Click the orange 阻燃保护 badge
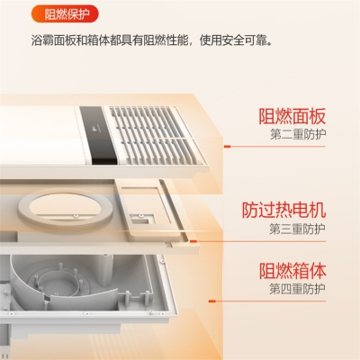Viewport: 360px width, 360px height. tap(65, 14)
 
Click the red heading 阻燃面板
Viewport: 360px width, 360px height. tap(292, 116)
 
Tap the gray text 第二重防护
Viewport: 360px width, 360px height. tap(298, 134)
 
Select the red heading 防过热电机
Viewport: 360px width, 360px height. tap(283, 210)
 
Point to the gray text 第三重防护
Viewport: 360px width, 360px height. tap(297, 229)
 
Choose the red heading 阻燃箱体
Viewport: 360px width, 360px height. tap(292, 271)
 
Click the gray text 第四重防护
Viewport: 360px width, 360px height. tap(297, 289)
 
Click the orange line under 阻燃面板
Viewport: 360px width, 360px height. tap(274, 147)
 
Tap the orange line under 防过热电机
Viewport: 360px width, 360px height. tap(258, 241)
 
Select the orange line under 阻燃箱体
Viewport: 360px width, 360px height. tap(267, 301)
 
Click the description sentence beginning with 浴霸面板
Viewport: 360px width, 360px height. tap(152, 40)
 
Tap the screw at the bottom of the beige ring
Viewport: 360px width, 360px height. tap(74, 215)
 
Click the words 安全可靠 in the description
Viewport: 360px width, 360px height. tap(244, 40)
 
